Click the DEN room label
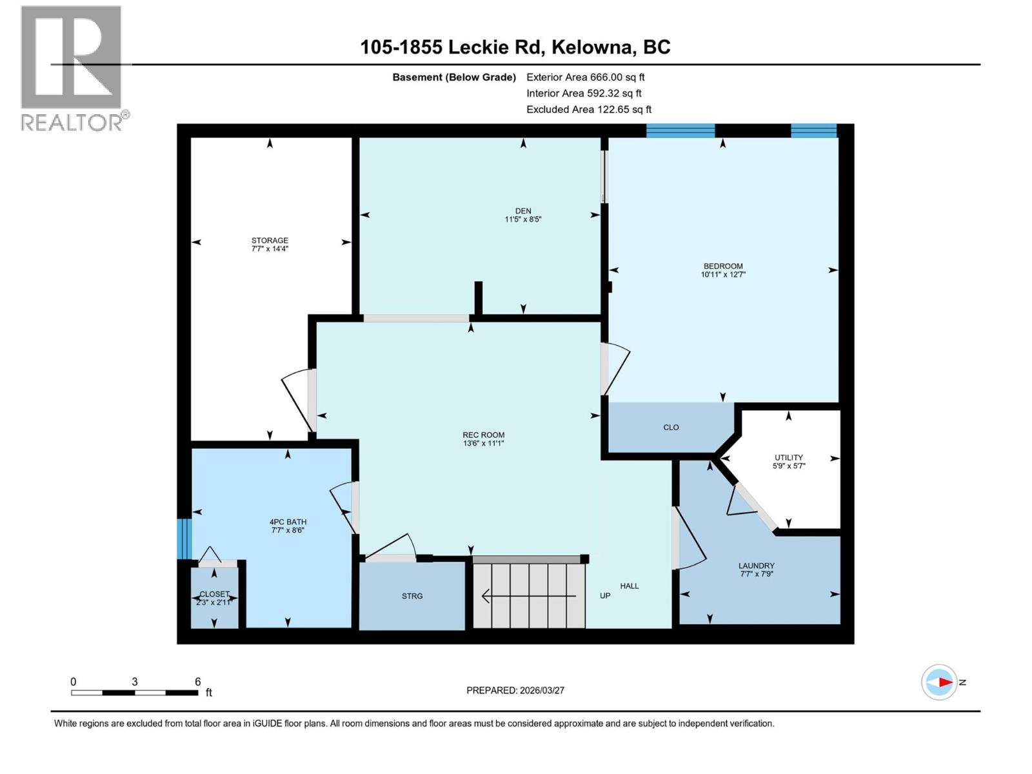522,211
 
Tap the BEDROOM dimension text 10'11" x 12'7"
723,275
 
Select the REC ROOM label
483,435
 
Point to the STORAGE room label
270,241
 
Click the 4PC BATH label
288,522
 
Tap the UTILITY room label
788,457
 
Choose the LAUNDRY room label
756,566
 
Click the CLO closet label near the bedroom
671,427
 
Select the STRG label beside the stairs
412,596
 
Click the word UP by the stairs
605,595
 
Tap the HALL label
630,586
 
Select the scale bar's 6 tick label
197,682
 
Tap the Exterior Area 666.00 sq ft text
585,77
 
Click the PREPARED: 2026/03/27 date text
515,690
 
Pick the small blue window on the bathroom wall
184,538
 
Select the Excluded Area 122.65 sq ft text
588,110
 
